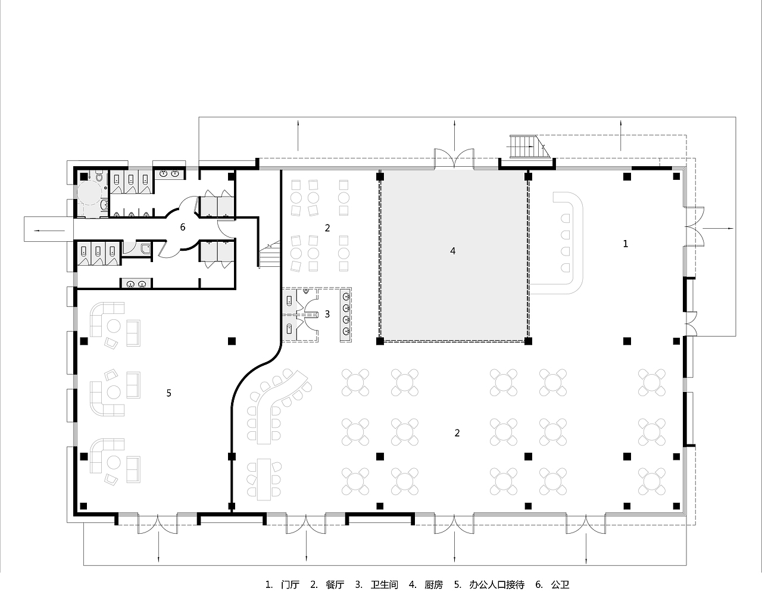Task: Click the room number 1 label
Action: click(x=625, y=244)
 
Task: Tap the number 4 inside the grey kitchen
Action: click(x=452, y=251)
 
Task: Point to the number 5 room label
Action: click(x=169, y=393)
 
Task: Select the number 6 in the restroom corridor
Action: click(x=183, y=227)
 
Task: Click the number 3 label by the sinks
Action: click(x=327, y=314)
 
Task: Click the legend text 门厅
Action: click(x=290, y=584)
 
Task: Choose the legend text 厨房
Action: click(x=434, y=584)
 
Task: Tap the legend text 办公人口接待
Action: click(x=496, y=584)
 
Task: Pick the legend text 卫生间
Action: click(x=384, y=584)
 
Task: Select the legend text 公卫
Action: click(x=560, y=584)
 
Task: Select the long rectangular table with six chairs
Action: click(x=264, y=479)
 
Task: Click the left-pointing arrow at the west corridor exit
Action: click(x=49, y=231)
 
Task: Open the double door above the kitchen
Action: click(x=454, y=158)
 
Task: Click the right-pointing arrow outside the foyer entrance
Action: click(x=718, y=229)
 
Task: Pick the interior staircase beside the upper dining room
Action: click(x=270, y=254)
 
